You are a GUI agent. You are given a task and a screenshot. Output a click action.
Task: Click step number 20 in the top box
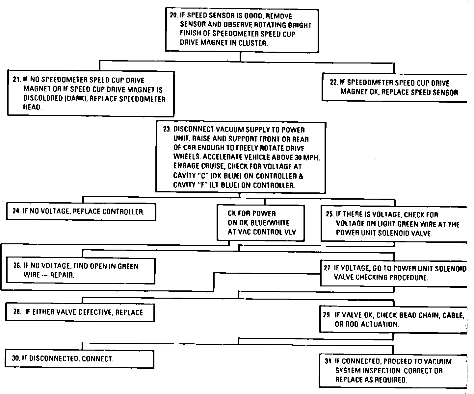click(x=173, y=15)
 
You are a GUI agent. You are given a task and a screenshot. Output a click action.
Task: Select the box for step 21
click(x=91, y=93)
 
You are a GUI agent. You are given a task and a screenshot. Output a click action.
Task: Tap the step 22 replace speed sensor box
click(x=394, y=87)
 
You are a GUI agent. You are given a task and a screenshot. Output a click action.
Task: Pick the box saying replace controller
click(x=81, y=212)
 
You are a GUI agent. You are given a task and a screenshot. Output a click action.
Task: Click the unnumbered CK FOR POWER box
click(x=261, y=223)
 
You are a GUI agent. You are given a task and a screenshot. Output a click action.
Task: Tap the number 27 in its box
click(x=327, y=268)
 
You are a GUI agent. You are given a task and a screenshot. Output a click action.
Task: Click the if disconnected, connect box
click(x=79, y=358)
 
